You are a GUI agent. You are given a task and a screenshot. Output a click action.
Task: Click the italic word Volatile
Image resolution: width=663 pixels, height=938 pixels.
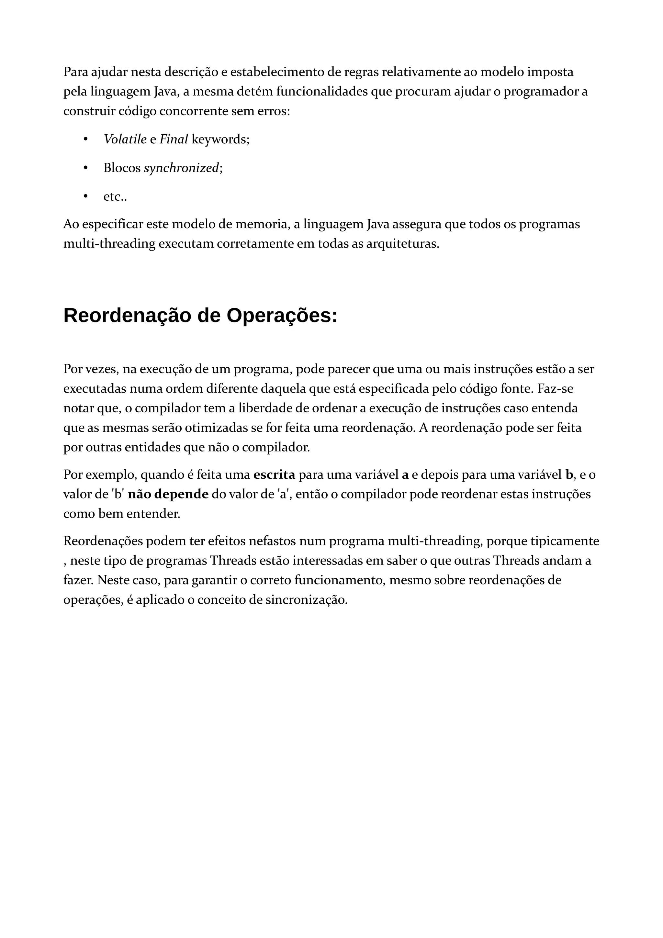click(x=125, y=140)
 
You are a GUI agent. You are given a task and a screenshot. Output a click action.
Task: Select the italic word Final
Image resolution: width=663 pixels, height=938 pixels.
click(x=174, y=140)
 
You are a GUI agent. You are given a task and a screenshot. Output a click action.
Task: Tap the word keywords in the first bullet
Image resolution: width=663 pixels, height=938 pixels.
click(x=220, y=140)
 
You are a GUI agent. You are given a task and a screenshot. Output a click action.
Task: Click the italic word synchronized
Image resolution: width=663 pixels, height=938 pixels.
click(x=181, y=168)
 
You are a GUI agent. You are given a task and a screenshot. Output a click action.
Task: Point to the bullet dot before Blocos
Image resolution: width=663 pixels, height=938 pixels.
click(x=85, y=168)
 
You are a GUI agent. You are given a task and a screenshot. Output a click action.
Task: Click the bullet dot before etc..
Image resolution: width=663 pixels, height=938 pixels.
click(x=85, y=196)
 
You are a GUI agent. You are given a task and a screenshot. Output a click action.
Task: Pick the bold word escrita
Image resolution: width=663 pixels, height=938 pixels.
click(x=274, y=475)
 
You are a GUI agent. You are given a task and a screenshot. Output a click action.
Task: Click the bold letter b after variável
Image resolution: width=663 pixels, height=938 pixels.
click(x=569, y=475)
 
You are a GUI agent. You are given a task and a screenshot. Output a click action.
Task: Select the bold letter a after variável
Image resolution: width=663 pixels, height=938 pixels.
click(x=405, y=475)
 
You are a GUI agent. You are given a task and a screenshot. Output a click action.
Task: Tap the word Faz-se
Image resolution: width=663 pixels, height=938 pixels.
click(x=555, y=388)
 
